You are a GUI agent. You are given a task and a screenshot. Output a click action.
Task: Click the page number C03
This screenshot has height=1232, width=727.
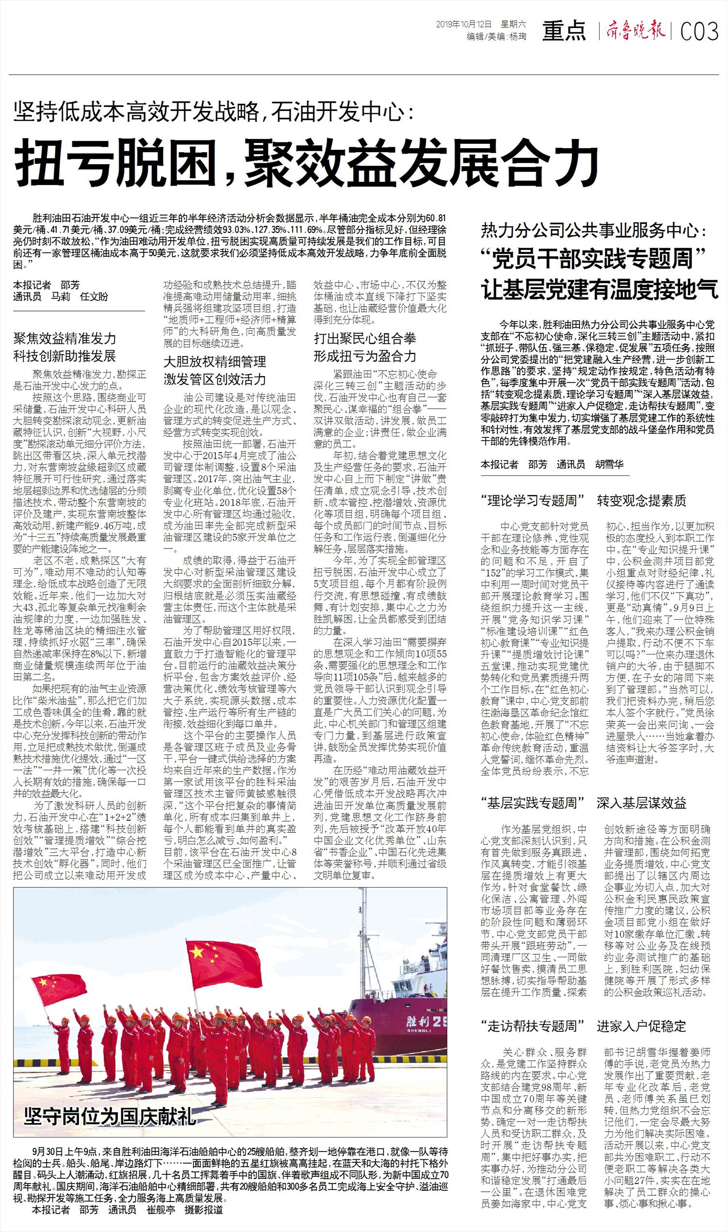pos(699,32)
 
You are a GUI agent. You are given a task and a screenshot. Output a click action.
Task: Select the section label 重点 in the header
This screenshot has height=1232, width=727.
pos(564,31)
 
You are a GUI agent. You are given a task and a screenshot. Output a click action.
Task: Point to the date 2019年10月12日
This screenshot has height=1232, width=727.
pos(463,24)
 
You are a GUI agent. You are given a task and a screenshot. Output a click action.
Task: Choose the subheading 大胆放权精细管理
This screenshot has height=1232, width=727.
pos(215,362)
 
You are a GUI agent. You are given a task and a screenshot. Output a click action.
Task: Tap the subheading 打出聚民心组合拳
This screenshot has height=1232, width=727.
pos(365,338)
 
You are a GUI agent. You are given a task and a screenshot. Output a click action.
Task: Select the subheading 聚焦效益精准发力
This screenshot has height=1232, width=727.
pos(64,338)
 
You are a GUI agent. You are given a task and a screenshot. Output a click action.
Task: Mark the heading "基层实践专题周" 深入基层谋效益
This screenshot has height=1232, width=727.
pos(584,803)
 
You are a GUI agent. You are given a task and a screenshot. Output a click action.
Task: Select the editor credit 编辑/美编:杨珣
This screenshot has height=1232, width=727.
pos(497,36)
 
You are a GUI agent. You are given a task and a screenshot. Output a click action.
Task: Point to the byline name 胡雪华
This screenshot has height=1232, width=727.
pos(609,464)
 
